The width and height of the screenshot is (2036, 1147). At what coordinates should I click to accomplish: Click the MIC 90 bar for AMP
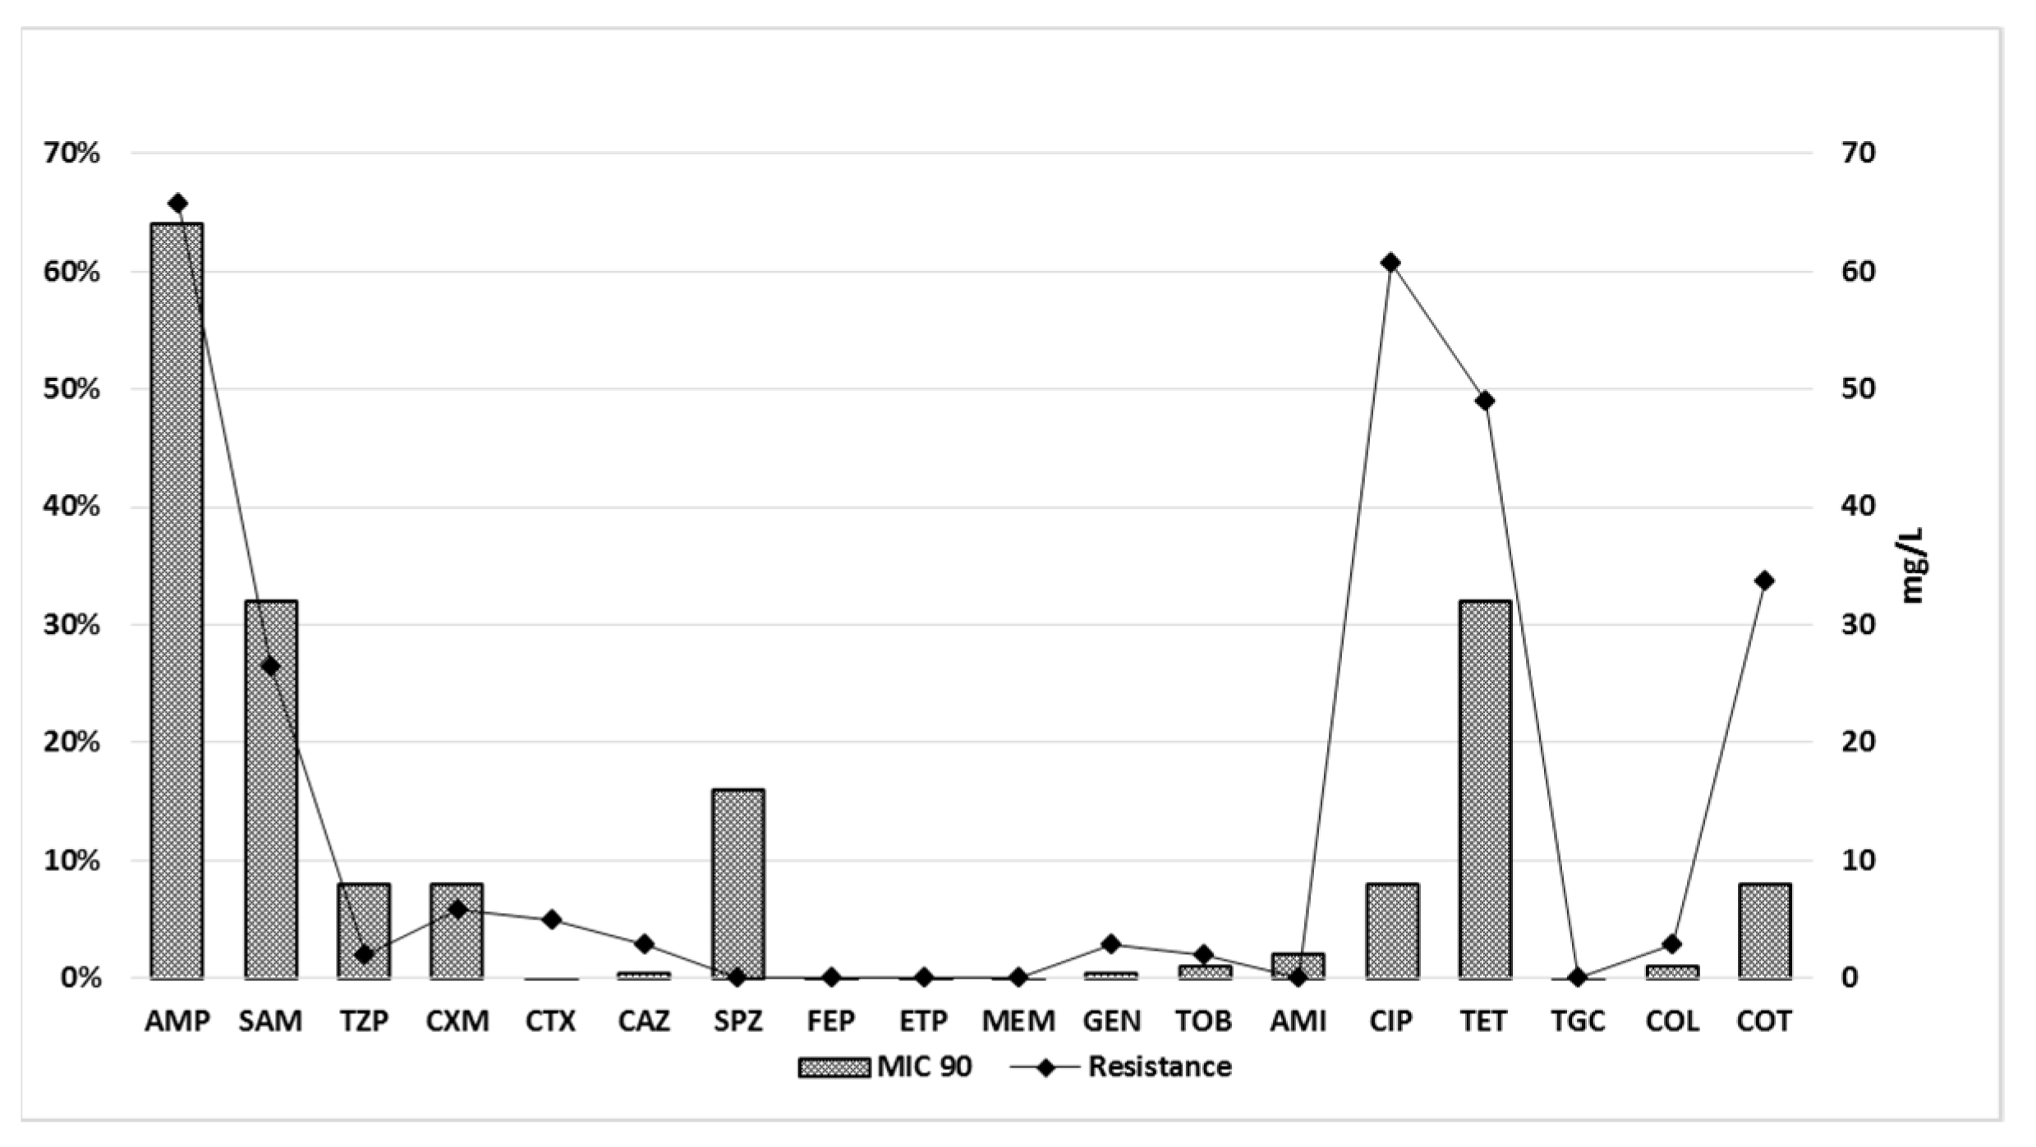click(177, 599)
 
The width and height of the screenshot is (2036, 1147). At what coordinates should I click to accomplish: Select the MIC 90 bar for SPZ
click(738, 883)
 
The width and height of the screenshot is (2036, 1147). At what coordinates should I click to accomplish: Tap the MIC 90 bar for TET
click(1484, 788)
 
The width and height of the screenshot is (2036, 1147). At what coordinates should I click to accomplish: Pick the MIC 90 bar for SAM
click(270, 788)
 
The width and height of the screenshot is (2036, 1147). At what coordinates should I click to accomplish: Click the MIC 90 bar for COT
click(1764, 931)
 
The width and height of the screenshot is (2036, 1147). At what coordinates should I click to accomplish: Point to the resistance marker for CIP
click(1390, 263)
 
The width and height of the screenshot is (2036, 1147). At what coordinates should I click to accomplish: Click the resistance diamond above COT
click(1764, 581)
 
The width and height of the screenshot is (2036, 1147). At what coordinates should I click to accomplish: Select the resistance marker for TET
click(1484, 401)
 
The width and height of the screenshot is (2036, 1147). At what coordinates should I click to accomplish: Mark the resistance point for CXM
click(457, 909)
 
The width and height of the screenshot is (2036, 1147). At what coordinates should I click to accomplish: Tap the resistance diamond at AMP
click(177, 204)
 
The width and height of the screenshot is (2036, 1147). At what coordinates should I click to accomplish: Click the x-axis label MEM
click(1018, 1021)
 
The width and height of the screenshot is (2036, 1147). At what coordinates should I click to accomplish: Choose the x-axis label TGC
click(1578, 1021)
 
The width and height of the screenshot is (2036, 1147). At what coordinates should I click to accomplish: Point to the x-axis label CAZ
click(644, 1021)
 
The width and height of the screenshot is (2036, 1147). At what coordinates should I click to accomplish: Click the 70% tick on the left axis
click(72, 153)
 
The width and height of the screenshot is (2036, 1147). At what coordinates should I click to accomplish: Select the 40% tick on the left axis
click(72, 507)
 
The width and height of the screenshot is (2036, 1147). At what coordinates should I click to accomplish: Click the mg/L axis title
click(1913, 565)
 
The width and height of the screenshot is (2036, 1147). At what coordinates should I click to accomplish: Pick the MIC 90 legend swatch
click(834, 1067)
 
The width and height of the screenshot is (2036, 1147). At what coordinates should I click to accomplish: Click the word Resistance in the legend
click(1160, 1067)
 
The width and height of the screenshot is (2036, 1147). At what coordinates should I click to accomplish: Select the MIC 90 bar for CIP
click(1391, 931)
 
